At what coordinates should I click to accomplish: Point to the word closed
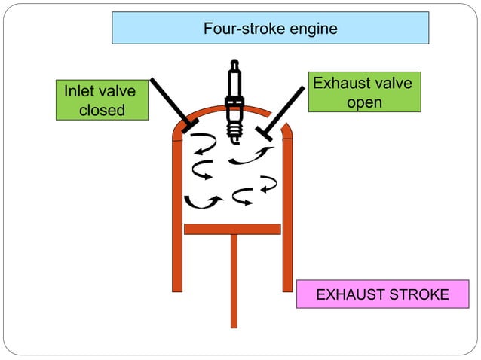[x=101, y=111]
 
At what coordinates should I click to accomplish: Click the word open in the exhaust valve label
[x=364, y=102]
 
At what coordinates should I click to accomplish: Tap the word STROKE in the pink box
[x=416, y=294]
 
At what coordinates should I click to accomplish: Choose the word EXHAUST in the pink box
[x=348, y=294]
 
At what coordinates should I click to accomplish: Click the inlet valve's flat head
[x=189, y=123]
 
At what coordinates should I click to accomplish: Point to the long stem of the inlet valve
[x=170, y=99]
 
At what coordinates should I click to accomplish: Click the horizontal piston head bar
[x=232, y=229]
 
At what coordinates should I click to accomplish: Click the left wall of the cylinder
[x=177, y=218]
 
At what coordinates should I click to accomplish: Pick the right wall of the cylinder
[x=287, y=218]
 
